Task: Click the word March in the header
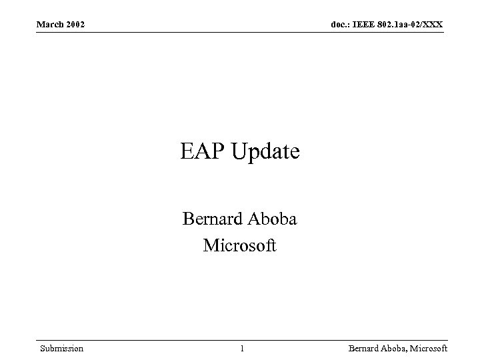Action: [x=50, y=25]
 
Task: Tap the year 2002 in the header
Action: [x=75, y=25]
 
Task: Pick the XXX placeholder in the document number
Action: [x=433, y=25]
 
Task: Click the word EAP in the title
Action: [x=202, y=152]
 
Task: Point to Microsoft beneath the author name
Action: [x=239, y=246]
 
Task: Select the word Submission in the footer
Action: [x=61, y=349]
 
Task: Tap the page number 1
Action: [x=242, y=349]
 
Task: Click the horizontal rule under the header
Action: [x=240, y=32]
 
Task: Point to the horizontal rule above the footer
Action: [x=240, y=340]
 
